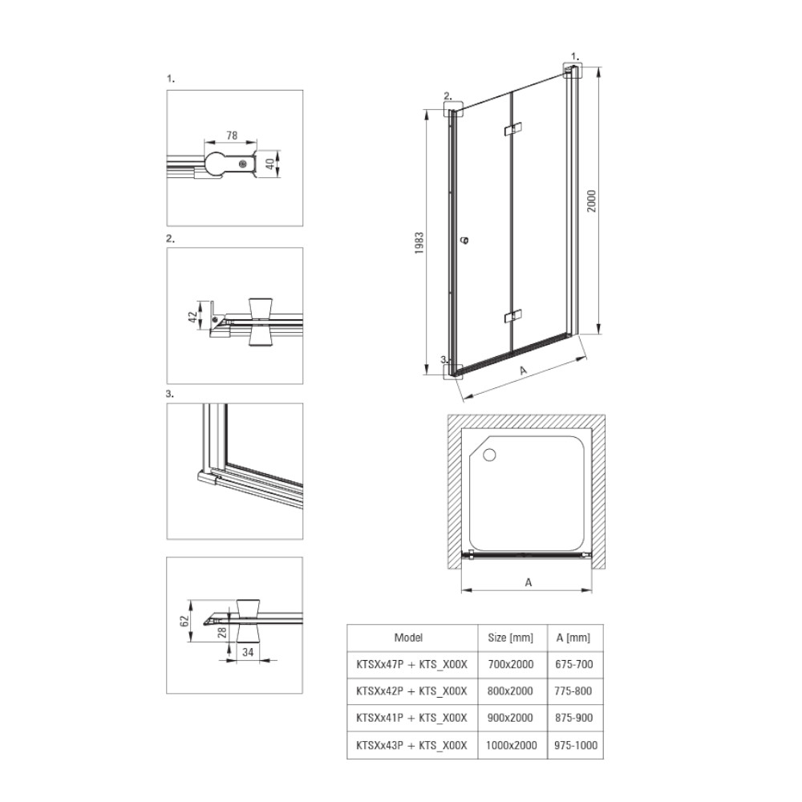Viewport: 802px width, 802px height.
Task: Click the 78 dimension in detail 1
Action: tap(232, 136)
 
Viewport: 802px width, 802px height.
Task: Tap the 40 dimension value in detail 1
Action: tap(269, 164)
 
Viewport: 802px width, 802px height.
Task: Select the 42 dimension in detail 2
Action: tap(192, 317)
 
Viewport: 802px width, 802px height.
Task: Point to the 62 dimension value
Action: tap(185, 621)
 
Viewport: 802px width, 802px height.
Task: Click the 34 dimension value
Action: tap(248, 652)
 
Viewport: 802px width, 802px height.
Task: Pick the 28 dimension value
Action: tap(222, 632)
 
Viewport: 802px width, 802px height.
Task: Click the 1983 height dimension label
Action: tap(419, 243)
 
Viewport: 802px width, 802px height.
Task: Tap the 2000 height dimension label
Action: tap(591, 201)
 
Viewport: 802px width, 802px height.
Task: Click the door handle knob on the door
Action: tap(464, 240)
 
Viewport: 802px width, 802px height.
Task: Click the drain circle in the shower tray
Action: tap(489, 455)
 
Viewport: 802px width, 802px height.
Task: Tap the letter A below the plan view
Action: tap(529, 582)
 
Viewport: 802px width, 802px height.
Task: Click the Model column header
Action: tap(408, 638)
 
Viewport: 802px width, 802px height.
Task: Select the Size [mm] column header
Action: tap(510, 638)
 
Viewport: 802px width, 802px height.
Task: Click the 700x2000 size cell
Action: tap(510, 664)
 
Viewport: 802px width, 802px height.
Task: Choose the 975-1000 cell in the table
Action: tap(575, 745)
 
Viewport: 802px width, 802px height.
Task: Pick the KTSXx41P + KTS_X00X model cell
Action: tap(411, 718)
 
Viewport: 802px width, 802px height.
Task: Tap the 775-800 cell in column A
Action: tap(573, 691)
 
